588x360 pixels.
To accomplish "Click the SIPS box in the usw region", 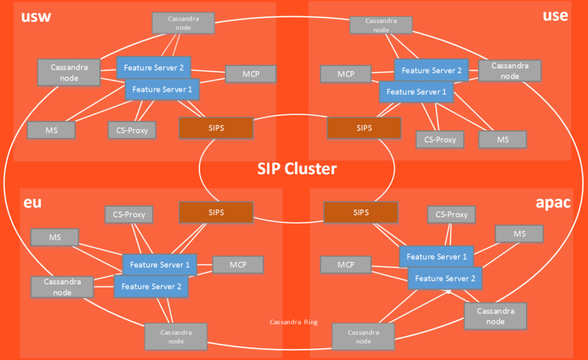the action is point(216,128).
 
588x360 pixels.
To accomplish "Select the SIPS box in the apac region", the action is point(361,212).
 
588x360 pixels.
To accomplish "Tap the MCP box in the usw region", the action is point(250,74).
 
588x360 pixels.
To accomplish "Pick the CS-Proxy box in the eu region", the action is point(129,214).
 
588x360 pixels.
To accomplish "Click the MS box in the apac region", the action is point(519,234).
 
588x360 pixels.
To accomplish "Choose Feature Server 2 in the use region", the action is point(431,70).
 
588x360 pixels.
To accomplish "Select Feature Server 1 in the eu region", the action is point(160,265).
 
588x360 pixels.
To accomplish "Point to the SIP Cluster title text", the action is point(297,169).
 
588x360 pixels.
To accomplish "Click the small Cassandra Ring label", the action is point(293,322).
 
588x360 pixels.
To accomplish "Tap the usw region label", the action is point(36,17).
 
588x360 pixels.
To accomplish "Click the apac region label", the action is point(553,203).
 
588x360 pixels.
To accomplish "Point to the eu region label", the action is point(32,203).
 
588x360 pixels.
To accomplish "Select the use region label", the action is point(555,16).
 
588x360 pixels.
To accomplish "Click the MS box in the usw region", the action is point(52,130).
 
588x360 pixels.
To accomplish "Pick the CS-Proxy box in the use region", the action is point(440,140).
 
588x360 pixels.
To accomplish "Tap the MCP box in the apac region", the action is point(346,265).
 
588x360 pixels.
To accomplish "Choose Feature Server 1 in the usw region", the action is point(162,90).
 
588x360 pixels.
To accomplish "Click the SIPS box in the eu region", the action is point(216,212).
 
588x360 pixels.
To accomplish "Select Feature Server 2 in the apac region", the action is point(445,278).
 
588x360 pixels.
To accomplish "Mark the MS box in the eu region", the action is point(55,237).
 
